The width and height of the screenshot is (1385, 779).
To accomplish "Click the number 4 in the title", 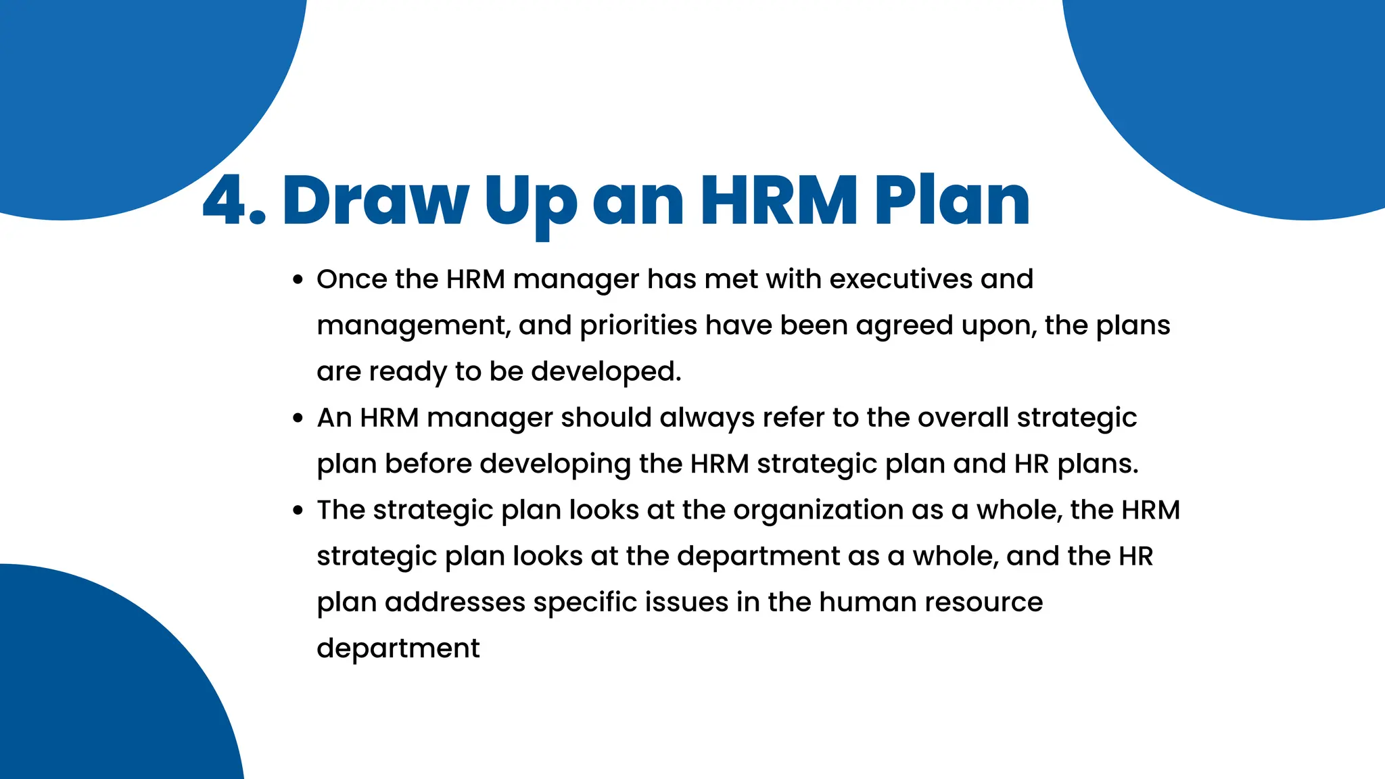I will point(226,201).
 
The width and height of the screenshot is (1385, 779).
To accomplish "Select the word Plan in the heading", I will point(952,201).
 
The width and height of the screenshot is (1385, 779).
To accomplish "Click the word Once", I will point(352,279).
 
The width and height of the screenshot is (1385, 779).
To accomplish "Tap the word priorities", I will point(638,326).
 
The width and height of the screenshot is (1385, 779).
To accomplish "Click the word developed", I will point(606,372).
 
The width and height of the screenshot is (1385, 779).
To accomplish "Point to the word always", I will point(707,419).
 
